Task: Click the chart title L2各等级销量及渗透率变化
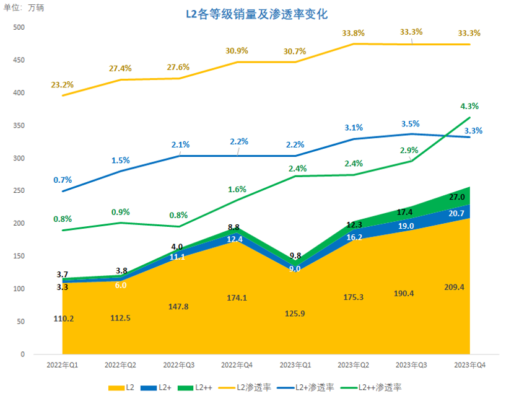257,14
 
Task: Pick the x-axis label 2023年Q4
469,366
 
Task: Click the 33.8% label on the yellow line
354,33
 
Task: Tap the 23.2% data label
63,85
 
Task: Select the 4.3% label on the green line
469,106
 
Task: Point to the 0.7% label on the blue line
63,180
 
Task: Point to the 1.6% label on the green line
237,190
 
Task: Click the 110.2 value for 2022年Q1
64,319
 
